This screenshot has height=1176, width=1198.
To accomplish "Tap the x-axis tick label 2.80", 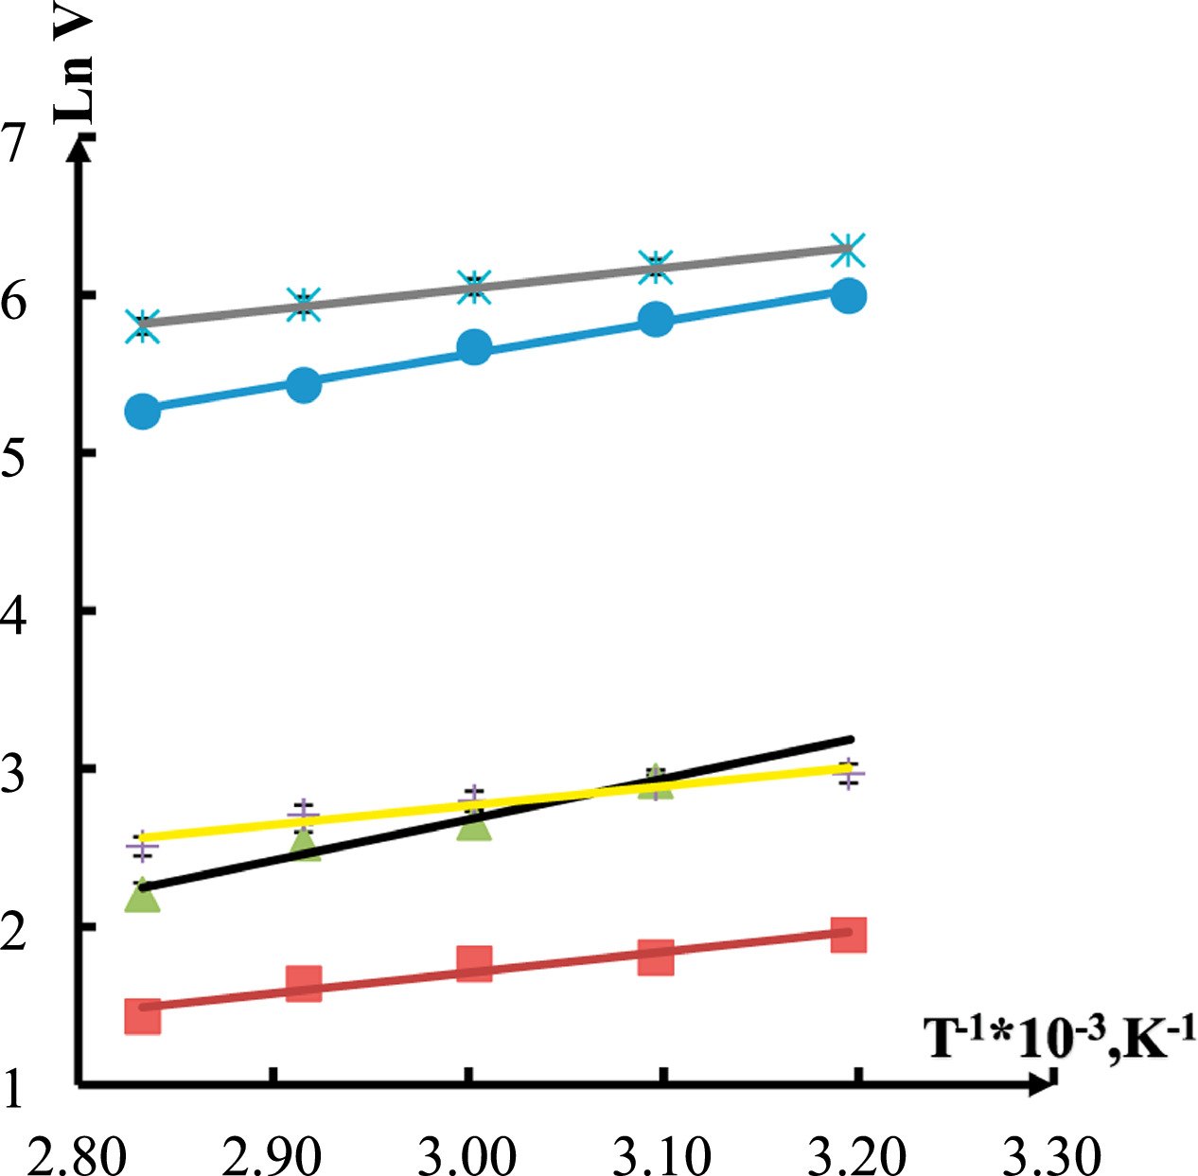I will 76,1154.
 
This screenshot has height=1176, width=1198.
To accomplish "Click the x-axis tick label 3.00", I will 467,1154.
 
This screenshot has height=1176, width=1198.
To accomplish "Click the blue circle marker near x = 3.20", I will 849,295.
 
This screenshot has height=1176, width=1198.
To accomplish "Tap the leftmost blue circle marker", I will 143,412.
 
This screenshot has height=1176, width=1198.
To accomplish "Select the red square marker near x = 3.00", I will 474,964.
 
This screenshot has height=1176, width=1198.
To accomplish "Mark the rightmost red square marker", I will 849,934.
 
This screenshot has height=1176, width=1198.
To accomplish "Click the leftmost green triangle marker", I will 143,896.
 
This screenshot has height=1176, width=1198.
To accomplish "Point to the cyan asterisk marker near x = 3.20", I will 848,250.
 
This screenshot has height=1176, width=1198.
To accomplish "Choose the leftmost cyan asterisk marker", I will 143,325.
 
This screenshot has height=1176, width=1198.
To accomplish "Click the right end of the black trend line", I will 851,739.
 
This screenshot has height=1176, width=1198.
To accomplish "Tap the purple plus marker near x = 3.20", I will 849,774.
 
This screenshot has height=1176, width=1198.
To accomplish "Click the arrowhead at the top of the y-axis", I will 80,147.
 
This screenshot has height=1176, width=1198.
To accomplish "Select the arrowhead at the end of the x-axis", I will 1043,1082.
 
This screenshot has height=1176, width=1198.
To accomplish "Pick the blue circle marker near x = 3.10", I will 656,320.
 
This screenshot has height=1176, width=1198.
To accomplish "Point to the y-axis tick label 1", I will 13,1090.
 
